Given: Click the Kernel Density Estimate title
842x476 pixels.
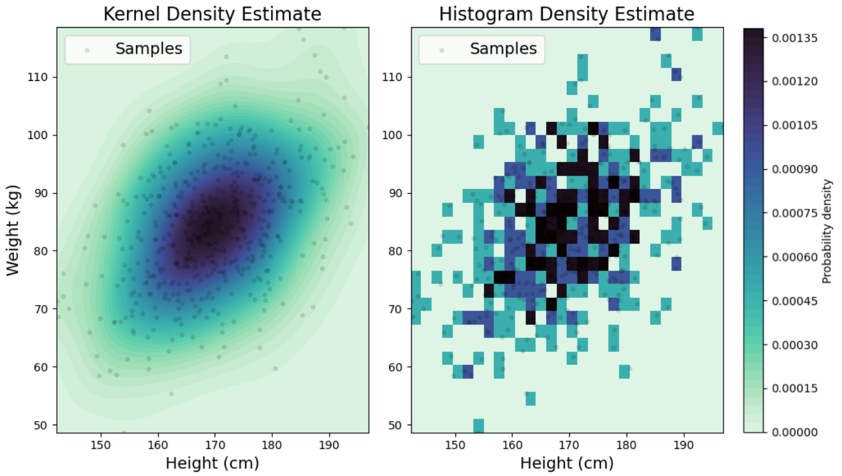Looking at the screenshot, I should [212, 13].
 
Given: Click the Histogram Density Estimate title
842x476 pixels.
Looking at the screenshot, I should [567, 13].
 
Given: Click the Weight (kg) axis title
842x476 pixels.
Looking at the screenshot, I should [14, 230].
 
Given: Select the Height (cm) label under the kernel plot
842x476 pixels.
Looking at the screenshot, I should [212, 463].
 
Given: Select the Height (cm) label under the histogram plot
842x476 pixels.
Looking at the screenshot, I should [567, 463].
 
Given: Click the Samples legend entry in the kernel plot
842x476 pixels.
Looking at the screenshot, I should [149, 49].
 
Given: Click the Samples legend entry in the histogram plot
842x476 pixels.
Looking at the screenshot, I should [503, 49].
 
